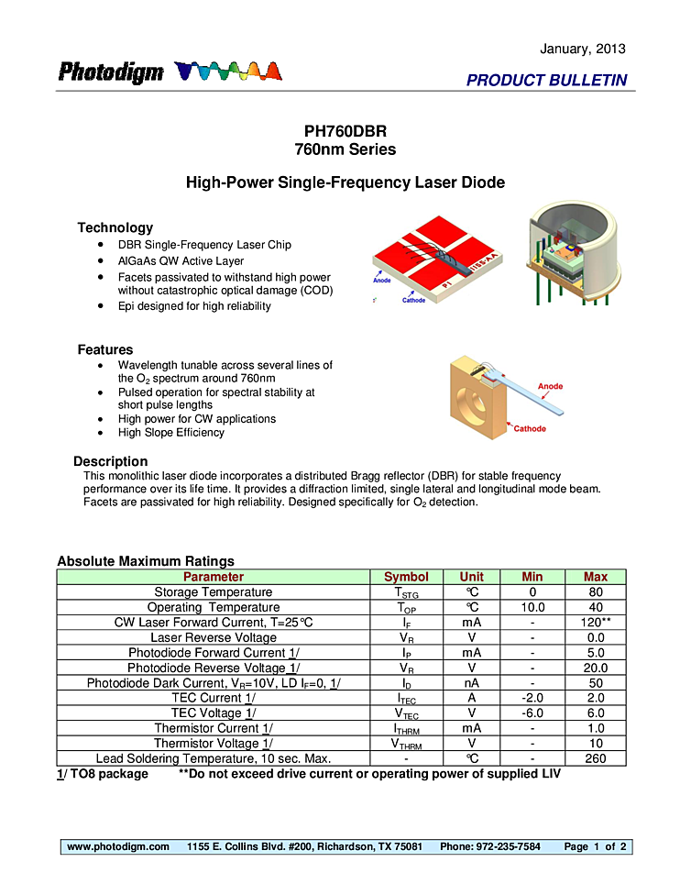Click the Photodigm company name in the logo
[111, 72]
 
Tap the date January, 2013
[583, 49]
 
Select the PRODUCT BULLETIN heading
[546, 81]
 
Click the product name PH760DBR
[345, 131]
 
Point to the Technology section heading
[115, 227]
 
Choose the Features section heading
[104, 349]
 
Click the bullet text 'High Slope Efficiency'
[170, 433]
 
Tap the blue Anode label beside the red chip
[381, 281]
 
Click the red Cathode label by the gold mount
[530, 428]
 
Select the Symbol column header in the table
[406, 577]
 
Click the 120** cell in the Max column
[596, 623]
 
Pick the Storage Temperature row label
[213, 592]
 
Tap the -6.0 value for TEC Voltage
[532, 713]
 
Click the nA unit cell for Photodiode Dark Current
[471, 683]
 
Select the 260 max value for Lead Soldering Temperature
[596, 758]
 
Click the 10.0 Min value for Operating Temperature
[532, 607]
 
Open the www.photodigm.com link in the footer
[118, 846]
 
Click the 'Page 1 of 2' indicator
[595, 846]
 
